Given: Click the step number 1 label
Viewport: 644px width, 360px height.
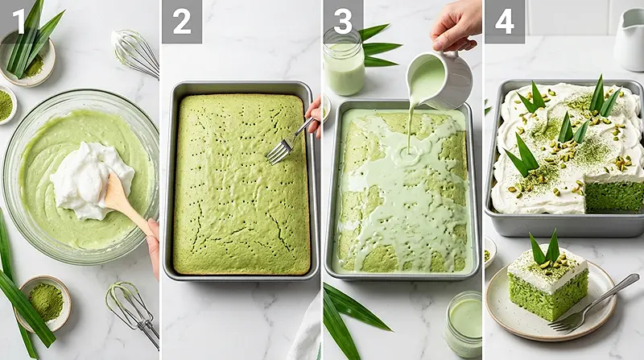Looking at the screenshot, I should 18,21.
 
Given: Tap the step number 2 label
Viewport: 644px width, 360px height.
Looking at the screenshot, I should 181,21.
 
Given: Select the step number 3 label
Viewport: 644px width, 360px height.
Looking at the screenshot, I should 342,21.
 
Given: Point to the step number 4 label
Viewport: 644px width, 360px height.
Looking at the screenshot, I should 504,21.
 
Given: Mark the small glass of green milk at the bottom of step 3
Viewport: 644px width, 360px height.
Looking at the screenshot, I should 464,323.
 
